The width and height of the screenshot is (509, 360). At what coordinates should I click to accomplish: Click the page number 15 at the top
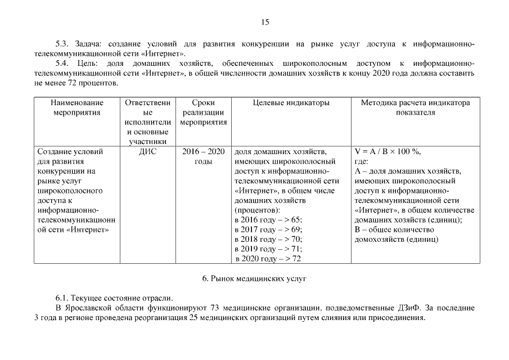click(265, 22)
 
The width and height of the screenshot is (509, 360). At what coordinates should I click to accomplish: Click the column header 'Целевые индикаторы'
click(291, 103)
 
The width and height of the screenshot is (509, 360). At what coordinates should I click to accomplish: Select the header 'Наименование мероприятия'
click(77, 107)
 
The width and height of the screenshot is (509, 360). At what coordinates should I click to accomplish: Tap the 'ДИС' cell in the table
click(147, 151)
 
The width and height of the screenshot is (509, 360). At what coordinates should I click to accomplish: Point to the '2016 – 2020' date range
click(203, 151)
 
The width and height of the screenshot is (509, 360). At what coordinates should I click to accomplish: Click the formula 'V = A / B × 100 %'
click(387, 151)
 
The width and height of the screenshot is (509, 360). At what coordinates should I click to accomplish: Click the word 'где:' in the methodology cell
click(362, 161)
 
